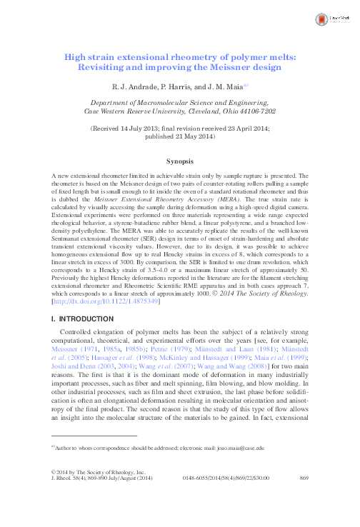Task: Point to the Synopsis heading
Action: coord(180,162)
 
